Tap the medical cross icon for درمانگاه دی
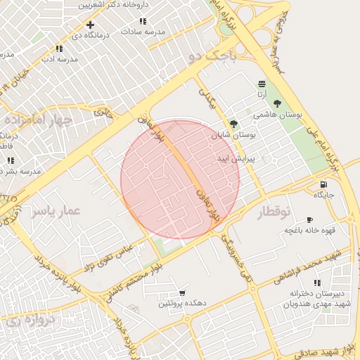90,25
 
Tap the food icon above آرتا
262,84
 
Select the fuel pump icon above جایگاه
322,184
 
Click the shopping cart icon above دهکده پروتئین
182,292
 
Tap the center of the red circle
180,179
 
